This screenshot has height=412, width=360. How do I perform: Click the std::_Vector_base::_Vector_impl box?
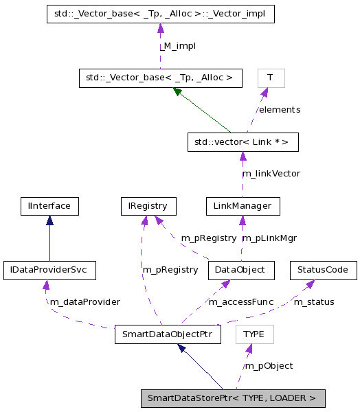(x=160, y=14)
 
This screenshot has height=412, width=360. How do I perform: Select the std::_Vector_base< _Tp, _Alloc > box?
(x=160, y=78)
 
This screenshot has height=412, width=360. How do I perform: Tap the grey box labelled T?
(x=270, y=78)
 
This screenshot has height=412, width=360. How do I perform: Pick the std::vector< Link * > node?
(x=243, y=142)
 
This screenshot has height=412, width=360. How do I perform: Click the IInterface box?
(x=49, y=205)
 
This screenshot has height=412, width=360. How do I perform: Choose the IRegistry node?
(x=147, y=205)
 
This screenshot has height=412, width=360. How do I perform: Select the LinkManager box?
(x=243, y=205)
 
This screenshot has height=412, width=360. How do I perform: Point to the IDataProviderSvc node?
(x=49, y=270)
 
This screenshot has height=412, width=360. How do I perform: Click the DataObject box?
(x=241, y=270)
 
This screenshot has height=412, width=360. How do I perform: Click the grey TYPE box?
(x=254, y=334)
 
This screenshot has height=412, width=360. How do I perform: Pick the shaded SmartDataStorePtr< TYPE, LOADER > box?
(x=232, y=398)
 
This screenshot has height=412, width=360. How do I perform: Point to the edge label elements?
(x=279, y=109)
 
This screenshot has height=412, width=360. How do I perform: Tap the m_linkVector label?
(x=271, y=173)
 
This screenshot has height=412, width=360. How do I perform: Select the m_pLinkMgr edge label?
(x=269, y=238)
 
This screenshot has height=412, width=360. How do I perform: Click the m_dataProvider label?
(x=85, y=301)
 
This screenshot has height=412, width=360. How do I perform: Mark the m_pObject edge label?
(x=269, y=365)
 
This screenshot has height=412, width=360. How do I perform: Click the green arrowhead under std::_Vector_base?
(x=177, y=91)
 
